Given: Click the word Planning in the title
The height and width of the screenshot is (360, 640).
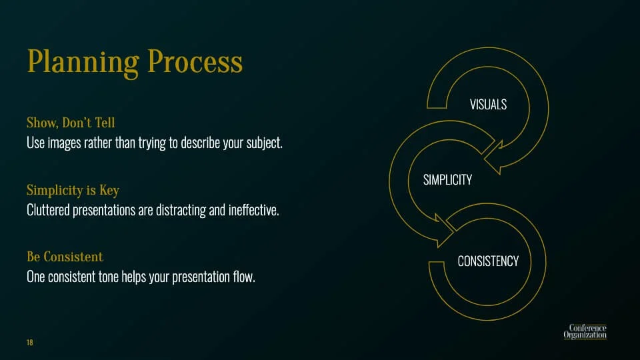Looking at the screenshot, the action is click(x=83, y=63).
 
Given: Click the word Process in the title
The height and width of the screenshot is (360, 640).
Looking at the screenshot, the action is click(x=195, y=61).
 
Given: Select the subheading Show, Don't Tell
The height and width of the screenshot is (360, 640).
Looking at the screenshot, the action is click(x=71, y=123).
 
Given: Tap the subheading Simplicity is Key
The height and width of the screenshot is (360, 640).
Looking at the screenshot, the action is click(x=73, y=190).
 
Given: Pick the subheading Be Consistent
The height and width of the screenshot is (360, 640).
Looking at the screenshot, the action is click(x=65, y=257).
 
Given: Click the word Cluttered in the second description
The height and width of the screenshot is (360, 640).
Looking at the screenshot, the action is click(x=48, y=210).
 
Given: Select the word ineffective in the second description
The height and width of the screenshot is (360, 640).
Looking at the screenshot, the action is click(x=253, y=210).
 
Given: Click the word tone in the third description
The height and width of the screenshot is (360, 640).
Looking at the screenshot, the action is click(x=108, y=277).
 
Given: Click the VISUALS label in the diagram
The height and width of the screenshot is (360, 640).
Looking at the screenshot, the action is click(x=488, y=105).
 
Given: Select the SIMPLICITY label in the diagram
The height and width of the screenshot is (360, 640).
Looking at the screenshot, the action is click(x=447, y=179).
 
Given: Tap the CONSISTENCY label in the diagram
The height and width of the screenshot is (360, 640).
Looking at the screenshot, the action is click(x=488, y=261).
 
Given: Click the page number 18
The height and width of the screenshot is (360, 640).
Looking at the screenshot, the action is click(x=30, y=343).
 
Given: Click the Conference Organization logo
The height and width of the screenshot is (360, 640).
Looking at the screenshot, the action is click(x=585, y=331).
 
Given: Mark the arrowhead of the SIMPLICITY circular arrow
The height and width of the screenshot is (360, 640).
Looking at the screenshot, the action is click(x=444, y=231).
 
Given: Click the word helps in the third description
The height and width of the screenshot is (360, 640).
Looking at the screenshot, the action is click(x=133, y=277).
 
